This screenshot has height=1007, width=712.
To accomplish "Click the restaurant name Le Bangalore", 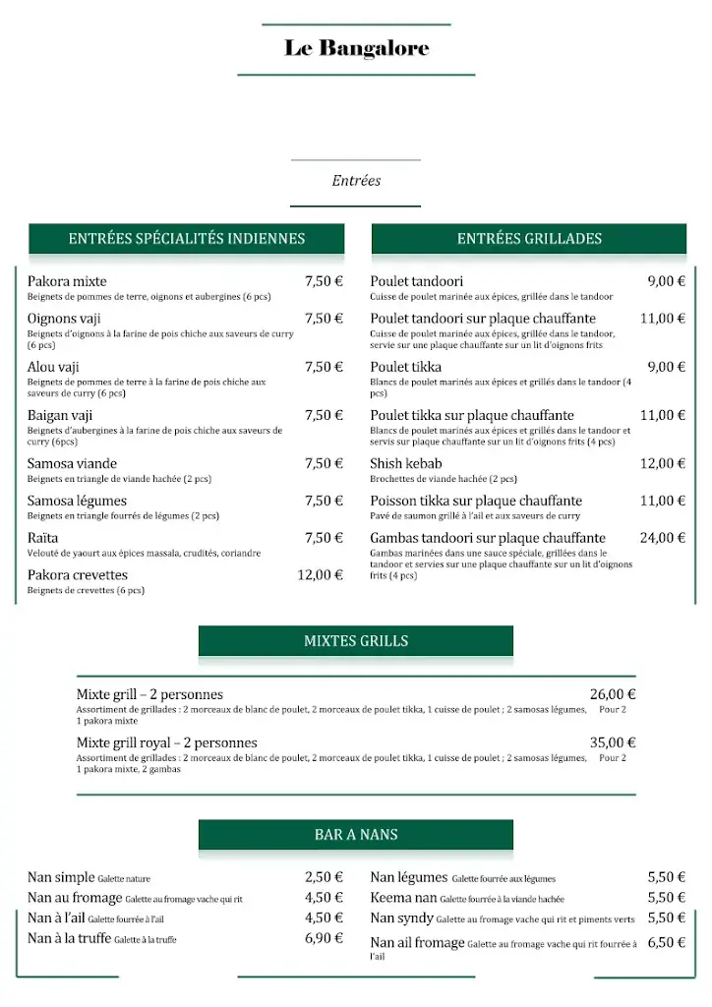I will (x=356, y=48).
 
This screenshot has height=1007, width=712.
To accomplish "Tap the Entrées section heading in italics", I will (x=356, y=181).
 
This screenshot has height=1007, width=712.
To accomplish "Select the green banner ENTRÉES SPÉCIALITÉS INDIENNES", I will (x=187, y=238).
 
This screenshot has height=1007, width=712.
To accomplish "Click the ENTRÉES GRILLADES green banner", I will (x=529, y=238).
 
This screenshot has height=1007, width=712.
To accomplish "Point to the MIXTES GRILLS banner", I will (x=356, y=641).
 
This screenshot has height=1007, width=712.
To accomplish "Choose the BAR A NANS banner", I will (x=356, y=835).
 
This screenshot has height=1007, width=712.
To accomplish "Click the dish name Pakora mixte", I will (x=67, y=281).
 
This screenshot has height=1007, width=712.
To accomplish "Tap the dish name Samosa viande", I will (x=72, y=464).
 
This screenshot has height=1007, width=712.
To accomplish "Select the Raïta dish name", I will (x=42, y=538).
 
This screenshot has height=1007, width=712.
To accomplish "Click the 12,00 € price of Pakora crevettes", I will (x=320, y=575).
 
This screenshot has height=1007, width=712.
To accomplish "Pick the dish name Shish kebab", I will (x=406, y=464).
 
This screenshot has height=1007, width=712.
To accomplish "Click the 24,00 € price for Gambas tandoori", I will (x=662, y=538).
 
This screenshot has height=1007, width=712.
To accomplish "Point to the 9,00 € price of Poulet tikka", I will (x=666, y=367).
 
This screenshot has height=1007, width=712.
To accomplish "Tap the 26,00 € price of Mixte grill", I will (x=613, y=694).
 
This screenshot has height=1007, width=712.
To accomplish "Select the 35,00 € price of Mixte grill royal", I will (x=613, y=743).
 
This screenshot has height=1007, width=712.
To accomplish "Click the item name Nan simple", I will (x=61, y=877).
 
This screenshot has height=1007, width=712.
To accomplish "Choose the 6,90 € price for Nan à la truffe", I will (x=324, y=938).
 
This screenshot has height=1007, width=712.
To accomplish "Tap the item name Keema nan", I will (x=403, y=898).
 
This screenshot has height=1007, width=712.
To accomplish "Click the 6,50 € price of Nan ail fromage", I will (x=666, y=942).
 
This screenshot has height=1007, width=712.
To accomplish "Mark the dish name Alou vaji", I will (x=53, y=367).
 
